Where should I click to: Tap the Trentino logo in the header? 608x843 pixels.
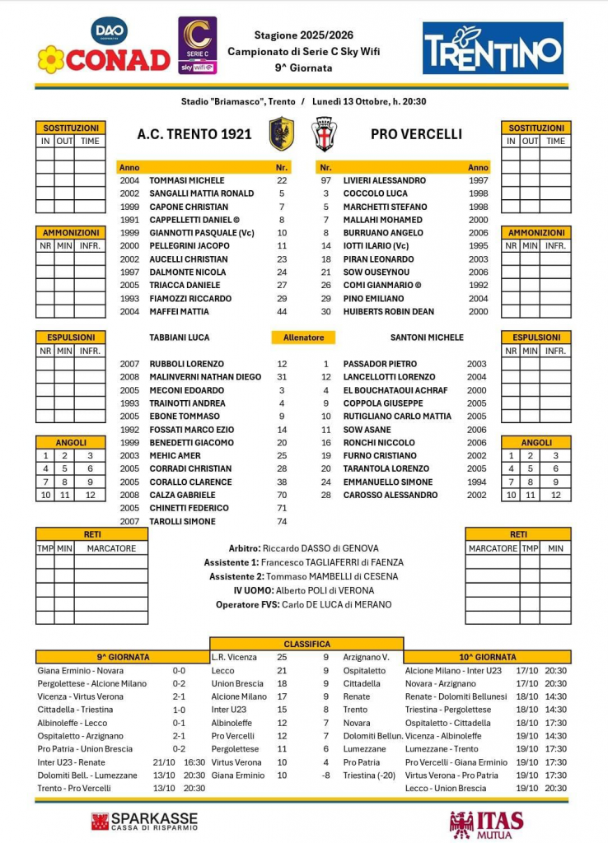493,48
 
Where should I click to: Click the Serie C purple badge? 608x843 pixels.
198,45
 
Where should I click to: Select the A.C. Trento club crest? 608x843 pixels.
282,133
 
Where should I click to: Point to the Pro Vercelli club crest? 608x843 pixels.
323,133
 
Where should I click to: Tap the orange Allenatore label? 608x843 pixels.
304,338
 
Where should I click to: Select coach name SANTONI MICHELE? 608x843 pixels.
427,338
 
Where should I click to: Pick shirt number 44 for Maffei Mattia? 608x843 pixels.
282,311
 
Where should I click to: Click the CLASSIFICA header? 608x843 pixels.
306,644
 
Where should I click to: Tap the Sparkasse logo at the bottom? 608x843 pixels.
145,821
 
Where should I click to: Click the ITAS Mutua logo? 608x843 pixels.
486,823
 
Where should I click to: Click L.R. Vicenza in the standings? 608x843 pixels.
234,657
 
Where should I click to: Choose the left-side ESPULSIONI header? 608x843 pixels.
70,337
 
